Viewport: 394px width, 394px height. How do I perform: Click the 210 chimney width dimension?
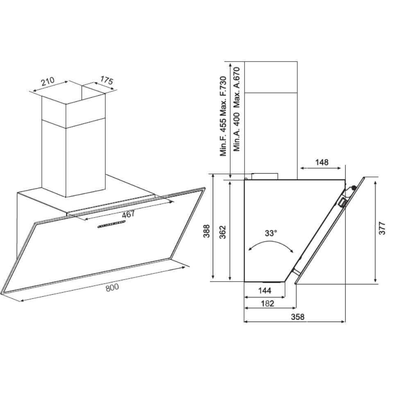pos(48,81)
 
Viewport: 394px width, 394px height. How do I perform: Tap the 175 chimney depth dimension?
pos(107,80)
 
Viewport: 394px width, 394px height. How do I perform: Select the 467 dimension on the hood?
pos(128,215)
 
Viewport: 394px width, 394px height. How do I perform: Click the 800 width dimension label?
pos(112,288)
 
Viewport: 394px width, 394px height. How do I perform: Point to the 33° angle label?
pos(270,233)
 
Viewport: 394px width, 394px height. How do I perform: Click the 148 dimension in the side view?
pos(322,163)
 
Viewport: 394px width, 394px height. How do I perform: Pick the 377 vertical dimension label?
pos(382,228)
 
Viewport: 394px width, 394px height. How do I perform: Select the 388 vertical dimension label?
pos(206,231)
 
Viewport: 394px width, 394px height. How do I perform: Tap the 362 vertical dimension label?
pos(223,232)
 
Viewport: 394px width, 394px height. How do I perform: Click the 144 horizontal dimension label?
pos(265,291)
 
